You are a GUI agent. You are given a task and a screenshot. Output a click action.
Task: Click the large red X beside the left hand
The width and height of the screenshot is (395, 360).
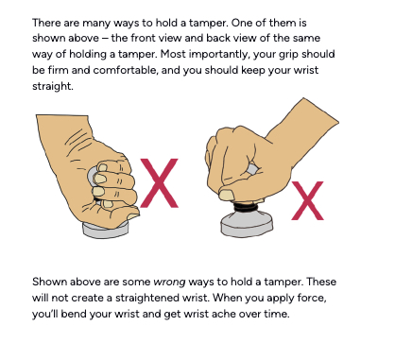pos(160,183)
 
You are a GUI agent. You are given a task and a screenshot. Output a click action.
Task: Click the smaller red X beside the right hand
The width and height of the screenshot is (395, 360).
pos(307,200)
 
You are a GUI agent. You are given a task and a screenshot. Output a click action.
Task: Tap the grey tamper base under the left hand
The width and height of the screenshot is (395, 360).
pos(106,231)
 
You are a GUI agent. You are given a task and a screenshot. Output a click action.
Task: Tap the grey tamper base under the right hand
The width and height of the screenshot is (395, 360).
pos(247,225)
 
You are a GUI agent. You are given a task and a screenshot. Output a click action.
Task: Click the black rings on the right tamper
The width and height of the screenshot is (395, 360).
pos(247,207)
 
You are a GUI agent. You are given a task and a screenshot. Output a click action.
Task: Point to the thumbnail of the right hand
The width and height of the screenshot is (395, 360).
pos(226,195)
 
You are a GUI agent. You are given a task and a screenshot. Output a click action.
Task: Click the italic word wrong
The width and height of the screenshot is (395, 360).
pos(169,282)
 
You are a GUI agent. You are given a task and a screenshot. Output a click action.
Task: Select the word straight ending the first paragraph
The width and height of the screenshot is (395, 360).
pos(53,86)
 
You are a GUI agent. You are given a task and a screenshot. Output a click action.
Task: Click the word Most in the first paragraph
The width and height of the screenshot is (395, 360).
pos(173,54)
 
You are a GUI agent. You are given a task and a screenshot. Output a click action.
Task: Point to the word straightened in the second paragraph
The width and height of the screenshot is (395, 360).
pos(161,298)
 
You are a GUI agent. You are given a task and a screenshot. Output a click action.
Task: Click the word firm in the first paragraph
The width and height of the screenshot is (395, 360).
pos(58,70)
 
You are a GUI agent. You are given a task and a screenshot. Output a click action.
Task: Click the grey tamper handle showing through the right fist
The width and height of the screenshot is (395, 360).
pos(252,169)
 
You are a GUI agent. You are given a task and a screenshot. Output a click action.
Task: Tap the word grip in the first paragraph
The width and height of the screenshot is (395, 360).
pos(288,55)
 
